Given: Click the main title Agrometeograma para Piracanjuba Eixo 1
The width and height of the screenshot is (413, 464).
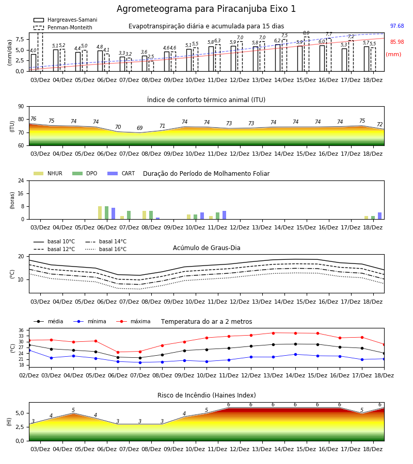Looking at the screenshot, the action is [x=206, y=9].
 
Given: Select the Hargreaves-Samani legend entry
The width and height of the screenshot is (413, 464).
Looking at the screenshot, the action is [x=65, y=20].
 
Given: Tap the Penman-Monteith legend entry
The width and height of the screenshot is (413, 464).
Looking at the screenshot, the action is [x=63, y=27].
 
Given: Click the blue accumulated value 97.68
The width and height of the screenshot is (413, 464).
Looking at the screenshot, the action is [x=397, y=26].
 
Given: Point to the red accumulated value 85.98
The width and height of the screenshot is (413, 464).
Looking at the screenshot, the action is [x=397, y=42].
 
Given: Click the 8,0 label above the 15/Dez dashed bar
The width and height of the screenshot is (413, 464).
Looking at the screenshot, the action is [x=306, y=33].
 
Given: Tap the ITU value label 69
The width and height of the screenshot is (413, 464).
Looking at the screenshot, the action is [x=140, y=128].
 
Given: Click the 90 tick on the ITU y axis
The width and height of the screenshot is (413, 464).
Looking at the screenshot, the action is [x=21, y=107].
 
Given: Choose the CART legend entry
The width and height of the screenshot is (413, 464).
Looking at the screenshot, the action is [x=121, y=173].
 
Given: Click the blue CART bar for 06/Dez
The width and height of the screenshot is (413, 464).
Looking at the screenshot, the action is [x=113, y=213].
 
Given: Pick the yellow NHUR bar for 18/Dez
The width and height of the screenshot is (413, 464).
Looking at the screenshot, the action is [x=366, y=218].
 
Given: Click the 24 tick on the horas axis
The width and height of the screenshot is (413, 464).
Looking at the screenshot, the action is [x=21, y=181].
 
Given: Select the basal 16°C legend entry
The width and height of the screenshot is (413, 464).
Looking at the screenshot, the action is [x=106, y=249].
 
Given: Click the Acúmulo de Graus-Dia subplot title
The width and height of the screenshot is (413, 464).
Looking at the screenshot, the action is [x=206, y=248].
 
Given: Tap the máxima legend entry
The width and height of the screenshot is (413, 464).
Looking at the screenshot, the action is [x=133, y=321].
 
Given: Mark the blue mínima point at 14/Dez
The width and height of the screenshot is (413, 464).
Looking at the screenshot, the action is [x=295, y=354].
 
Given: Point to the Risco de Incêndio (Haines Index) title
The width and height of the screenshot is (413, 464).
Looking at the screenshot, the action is [x=206, y=395].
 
